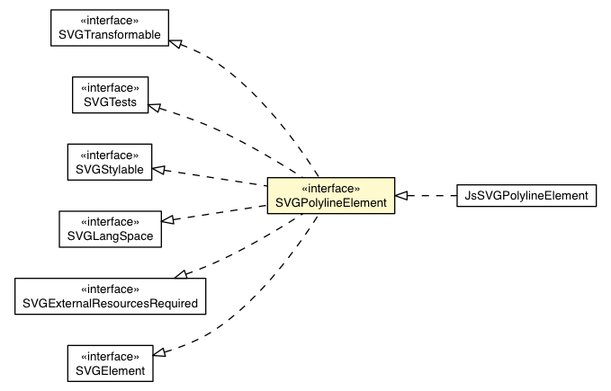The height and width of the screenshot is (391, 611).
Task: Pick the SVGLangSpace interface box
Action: tap(109, 228)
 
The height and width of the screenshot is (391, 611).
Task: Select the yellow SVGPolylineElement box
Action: tap(330, 195)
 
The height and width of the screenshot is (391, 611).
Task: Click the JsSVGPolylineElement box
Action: tap(526, 195)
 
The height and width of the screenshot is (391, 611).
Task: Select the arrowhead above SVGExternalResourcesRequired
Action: tap(181, 272)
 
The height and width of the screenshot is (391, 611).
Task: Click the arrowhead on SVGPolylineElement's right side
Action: tap(402, 195)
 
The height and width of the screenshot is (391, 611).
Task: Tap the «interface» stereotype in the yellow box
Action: tap(330, 188)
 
